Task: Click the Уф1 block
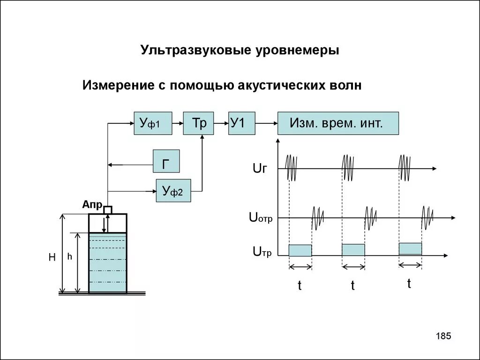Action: click(153, 123)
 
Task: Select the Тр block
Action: click(198, 123)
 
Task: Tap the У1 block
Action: click(242, 123)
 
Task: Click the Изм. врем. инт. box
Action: click(338, 123)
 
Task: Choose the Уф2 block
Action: click(173, 190)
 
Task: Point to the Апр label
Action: click(92, 204)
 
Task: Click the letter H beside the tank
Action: click(52, 257)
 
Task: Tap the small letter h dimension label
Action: click(69, 256)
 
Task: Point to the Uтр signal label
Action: click(262, 252)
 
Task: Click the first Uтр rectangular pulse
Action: click(300, 250)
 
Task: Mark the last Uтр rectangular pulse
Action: click(410, 248)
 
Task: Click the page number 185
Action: click(443, 336)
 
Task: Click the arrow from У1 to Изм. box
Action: click(267, 123)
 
